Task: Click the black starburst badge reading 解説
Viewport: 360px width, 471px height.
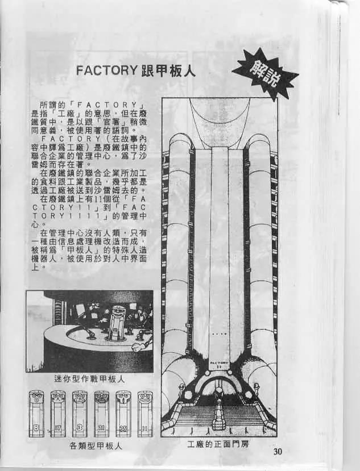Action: (264, 75)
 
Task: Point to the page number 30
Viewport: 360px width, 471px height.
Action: (278, 452)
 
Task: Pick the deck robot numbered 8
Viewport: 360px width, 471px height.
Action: (37, 414)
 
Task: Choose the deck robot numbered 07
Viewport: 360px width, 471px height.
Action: (59, 414)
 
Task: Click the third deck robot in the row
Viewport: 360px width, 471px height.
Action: (80, 414)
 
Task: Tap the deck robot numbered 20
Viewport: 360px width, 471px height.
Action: (101, 414)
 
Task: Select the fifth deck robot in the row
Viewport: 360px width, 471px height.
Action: (123, 414)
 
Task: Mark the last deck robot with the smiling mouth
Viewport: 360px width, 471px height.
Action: (144, 414)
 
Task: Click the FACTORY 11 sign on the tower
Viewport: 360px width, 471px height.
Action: (219, 364)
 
